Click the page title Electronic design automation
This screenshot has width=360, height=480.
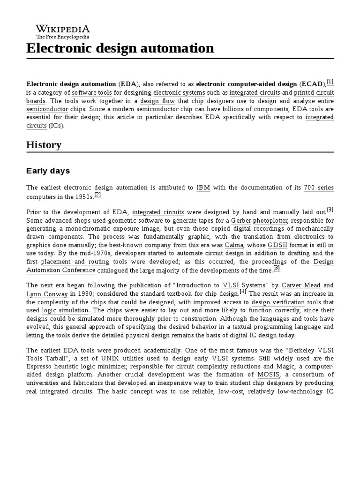120,48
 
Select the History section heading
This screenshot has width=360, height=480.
44,145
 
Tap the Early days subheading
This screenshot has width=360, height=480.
48,171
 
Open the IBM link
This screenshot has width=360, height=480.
203,187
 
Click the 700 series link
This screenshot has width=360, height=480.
319,187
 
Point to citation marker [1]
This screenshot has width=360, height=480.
330,82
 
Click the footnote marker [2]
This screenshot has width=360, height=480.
97,195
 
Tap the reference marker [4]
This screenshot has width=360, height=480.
243,291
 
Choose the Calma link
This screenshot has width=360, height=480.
234,245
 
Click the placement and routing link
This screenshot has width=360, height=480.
75,262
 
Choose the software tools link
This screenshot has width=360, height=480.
92,92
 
